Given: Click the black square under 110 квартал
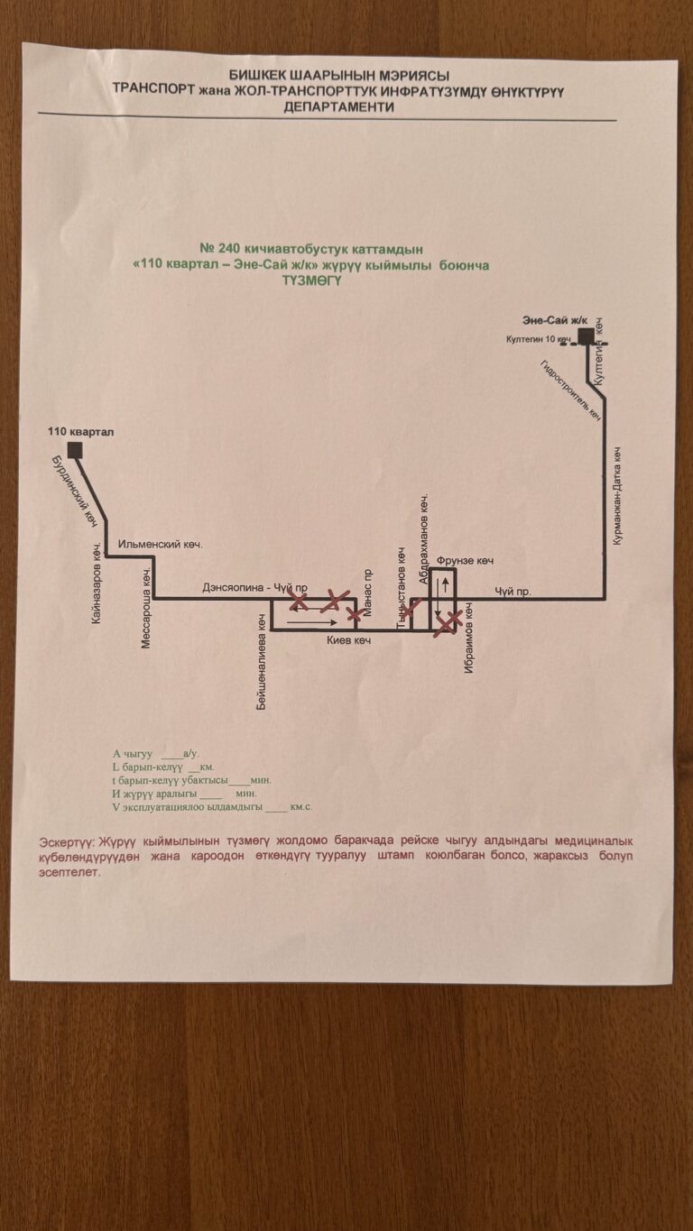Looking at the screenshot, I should coord(74,450).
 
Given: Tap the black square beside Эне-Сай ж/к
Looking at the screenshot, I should coord(586,336).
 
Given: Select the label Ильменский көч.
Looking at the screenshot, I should coord(162,545).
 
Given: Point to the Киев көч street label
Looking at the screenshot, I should coord(350,640).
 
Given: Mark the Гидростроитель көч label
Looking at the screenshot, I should coord(570,391).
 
